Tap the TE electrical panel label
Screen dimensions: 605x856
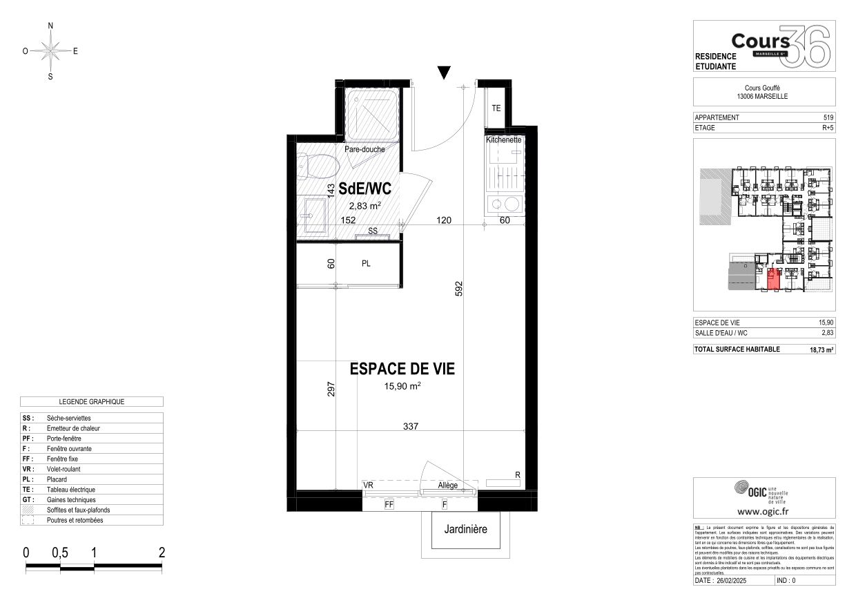(x=496, y=108)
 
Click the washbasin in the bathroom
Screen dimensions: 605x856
(x=315, y=214)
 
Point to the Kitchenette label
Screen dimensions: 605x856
(x=503, y=140)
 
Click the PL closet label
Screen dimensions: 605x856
(x=366, y=263)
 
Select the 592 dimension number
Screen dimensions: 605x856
(x=457, y=289)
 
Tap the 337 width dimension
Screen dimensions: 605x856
(x=411, y=426)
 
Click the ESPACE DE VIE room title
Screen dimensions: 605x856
(x=402, y=369)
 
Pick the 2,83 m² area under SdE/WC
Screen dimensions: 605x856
(x=365, y=205)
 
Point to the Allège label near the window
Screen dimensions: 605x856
(x=447, y=486)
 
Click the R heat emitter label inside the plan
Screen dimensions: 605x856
(x=517, y=474)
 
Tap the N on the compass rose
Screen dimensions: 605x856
(x=50, y=26)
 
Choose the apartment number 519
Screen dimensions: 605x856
(x=828, y=117)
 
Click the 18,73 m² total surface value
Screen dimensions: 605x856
(x=821, y=349)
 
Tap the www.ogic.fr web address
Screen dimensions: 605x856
(x=763, y=512)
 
